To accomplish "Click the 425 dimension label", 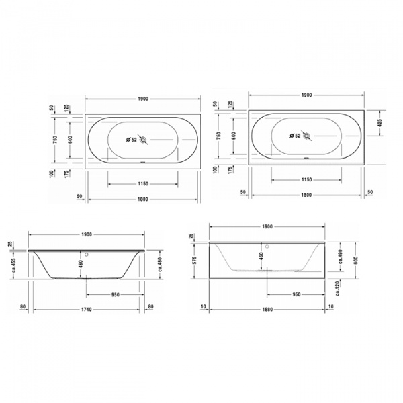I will click(x=380, y=124).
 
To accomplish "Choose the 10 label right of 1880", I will click(x=330, y=308).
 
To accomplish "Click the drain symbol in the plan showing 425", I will click(x=308, y=136).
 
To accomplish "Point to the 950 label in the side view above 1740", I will click(x=114, y=293).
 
